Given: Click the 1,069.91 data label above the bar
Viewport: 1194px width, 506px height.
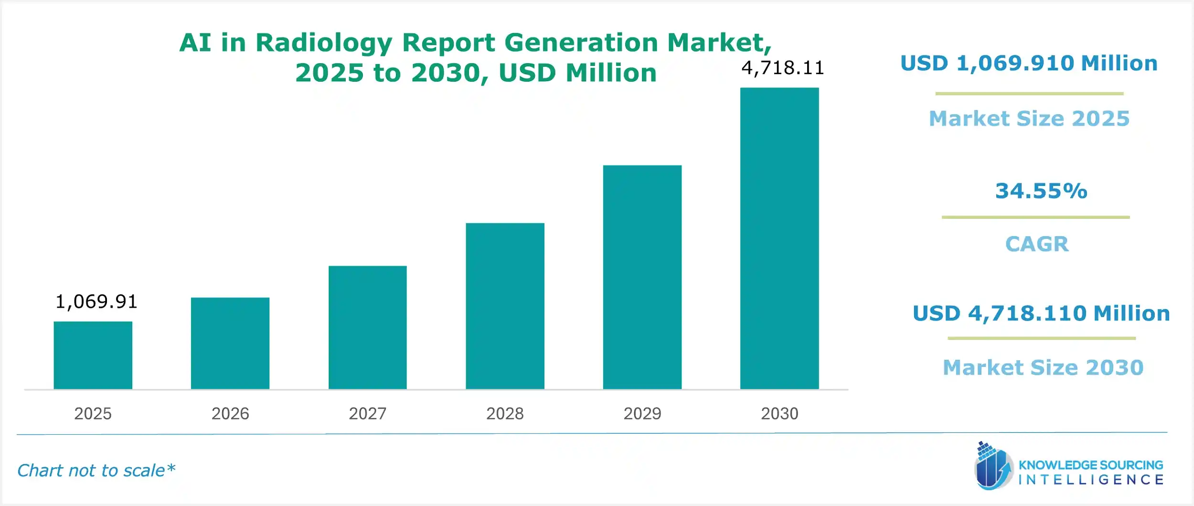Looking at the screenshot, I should pos(96,301).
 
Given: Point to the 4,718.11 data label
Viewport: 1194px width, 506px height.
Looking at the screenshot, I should pos(782,68).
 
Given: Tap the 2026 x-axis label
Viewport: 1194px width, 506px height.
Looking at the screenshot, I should pos(230,413).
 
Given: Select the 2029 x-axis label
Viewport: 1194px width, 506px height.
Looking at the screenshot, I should pos(642,413).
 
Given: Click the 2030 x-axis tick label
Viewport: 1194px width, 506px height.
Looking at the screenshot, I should pos(779,413).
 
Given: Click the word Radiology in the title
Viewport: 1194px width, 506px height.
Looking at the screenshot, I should pos(324,43).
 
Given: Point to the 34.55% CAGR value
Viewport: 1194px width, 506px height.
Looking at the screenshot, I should pos(1041,191).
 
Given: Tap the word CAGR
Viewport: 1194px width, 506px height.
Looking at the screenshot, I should pos(1037,244).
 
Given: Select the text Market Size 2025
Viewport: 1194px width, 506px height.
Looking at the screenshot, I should pos(1029,118).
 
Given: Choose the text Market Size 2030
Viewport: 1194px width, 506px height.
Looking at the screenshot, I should pos(1043,367).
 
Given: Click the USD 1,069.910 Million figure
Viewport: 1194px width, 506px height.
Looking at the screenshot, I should pos(1029,63).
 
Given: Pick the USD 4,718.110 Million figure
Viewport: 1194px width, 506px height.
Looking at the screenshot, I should pos(1041,313).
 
